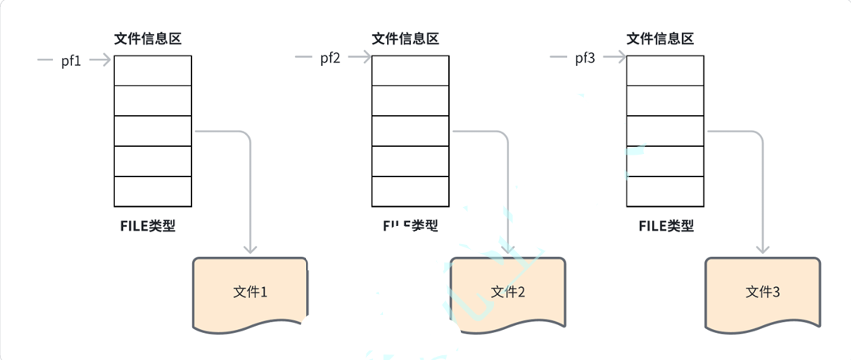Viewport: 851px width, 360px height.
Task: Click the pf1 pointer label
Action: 71,60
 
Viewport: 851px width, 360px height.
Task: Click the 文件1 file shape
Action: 250,292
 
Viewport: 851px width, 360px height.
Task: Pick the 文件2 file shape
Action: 508,292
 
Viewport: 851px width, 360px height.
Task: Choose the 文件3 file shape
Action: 762,292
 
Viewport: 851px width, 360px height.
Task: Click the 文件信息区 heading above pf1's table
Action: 148,39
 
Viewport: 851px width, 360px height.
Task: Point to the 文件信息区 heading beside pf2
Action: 405,39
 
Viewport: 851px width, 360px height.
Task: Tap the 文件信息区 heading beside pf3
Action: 660,39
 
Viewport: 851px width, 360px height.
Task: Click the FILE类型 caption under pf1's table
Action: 148,225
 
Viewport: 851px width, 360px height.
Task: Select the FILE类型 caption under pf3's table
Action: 666,225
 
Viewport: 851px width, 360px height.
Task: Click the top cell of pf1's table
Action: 153,70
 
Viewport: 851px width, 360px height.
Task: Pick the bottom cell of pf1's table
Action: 153,191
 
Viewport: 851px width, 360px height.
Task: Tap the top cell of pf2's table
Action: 410,70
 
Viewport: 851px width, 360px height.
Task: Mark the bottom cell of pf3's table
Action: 665,191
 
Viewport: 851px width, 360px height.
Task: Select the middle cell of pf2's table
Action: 410,130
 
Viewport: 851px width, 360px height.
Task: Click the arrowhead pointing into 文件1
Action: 250,249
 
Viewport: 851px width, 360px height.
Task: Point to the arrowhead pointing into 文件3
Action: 762,249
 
